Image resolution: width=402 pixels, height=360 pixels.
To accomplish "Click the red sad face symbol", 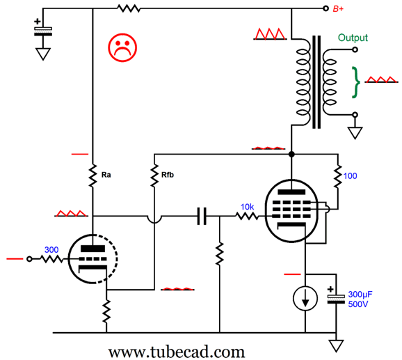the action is coord(122,48).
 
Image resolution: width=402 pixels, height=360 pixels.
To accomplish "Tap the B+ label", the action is coord(338,9).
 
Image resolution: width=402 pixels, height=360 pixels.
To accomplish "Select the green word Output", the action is coord(353,38).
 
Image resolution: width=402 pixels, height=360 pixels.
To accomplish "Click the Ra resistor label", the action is coord(106,175).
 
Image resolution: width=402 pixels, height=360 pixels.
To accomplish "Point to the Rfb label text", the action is coord(168,175).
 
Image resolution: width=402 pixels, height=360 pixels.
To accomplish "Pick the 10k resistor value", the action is coord(247,207).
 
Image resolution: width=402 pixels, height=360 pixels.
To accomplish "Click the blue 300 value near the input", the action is coord(51,250).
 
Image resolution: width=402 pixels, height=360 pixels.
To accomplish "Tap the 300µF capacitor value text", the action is coord(360,295).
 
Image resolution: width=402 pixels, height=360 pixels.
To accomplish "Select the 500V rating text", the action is coord(358,304).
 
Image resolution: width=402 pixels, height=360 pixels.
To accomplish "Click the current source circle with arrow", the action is coord(305,299).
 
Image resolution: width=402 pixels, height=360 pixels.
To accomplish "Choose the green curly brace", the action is coord(355,83).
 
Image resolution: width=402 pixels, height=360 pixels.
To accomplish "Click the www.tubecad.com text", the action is coord(177,352).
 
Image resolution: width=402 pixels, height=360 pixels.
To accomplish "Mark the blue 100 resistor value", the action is coord(350,176).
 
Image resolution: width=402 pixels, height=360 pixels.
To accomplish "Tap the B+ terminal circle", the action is coord(325,8).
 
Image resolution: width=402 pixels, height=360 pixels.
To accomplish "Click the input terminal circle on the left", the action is coord(29,259).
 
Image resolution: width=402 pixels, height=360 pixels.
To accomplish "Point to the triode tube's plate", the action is coord(93,249).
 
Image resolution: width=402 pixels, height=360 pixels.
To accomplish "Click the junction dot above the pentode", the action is coord(291,154).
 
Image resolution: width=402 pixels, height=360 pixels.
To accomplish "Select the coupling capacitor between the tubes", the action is coord(202,217).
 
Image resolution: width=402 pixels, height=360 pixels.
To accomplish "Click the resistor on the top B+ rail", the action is coord(129,8).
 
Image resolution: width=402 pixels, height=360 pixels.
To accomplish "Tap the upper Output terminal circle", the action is coord(355,49).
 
